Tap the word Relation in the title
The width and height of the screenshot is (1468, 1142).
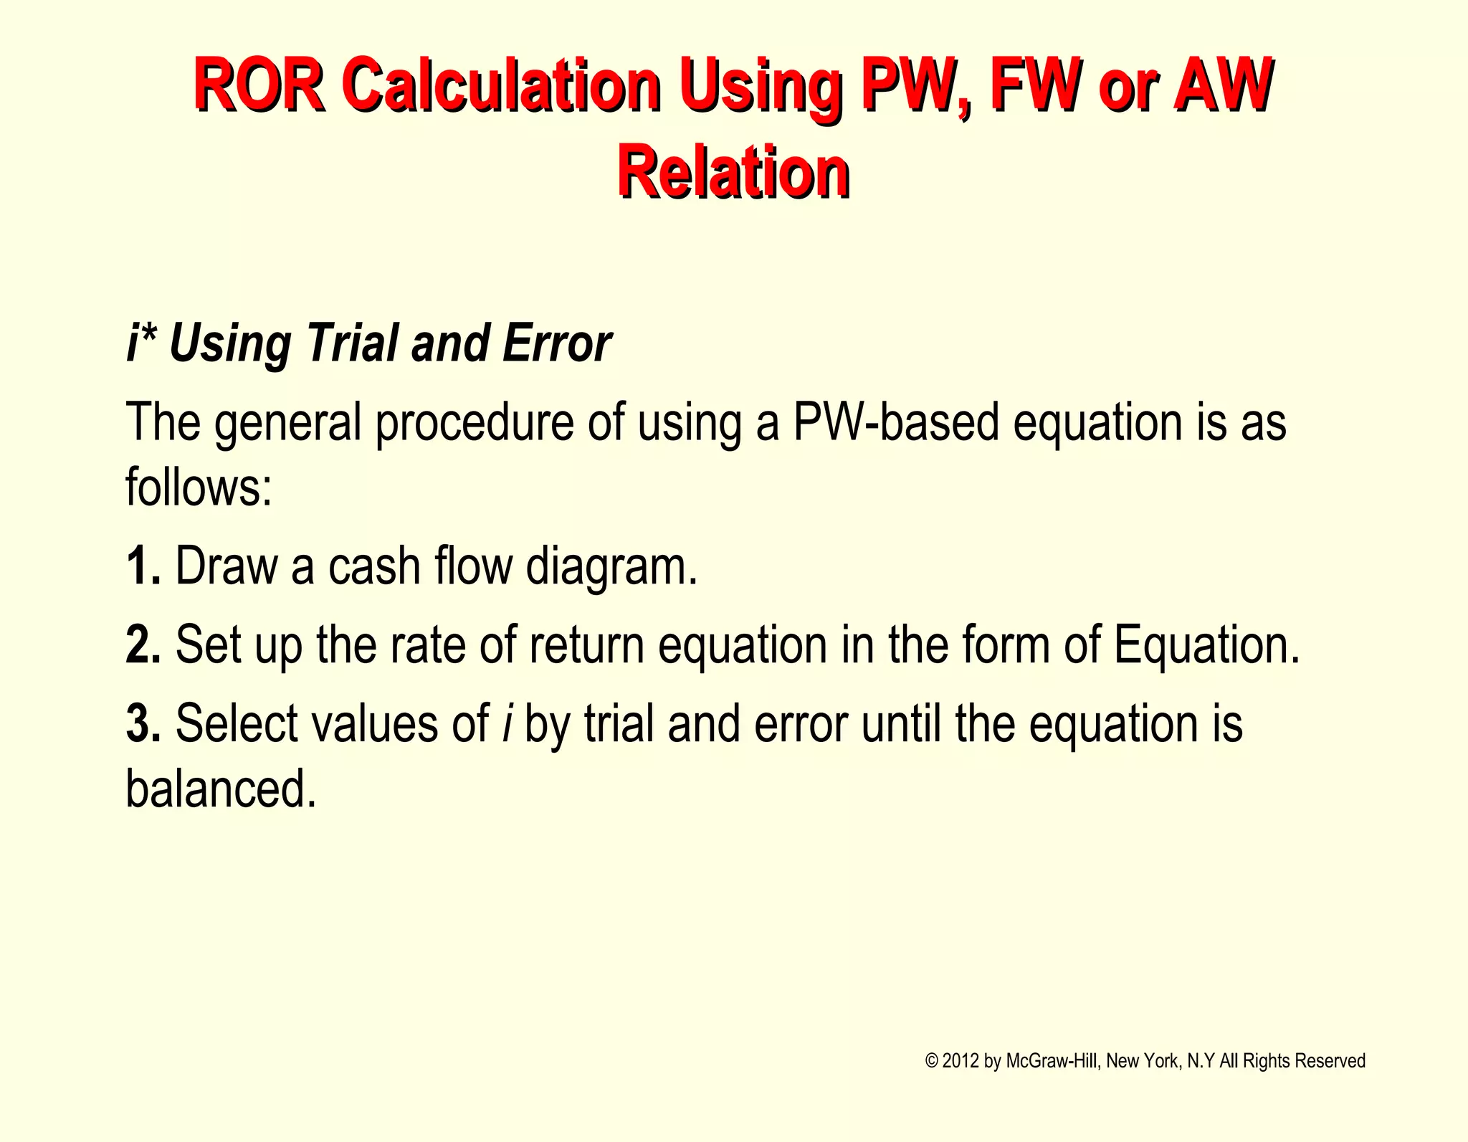coord(733,172)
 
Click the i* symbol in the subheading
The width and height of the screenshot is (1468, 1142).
coord(141,343)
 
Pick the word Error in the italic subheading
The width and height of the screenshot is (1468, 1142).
coord(557,343)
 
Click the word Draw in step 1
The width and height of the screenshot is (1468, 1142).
coord(227,566)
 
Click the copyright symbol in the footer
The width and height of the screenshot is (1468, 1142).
coord(931,1061)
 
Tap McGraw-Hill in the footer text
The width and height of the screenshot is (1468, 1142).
coord(1051,1061)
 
